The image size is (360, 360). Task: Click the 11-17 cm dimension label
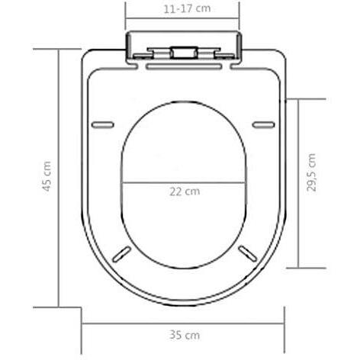click(187, 9)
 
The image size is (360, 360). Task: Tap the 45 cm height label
click(47, 176)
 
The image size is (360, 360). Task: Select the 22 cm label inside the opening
click(185, 191)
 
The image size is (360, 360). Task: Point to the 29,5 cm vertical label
click(311, 172)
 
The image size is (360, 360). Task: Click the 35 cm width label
click(185, 335)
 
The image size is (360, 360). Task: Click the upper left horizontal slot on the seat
click(103, 124)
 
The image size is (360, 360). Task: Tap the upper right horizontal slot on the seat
click(263, 124)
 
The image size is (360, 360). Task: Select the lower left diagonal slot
click(122, 254)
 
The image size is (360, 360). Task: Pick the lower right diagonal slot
click(248, 253)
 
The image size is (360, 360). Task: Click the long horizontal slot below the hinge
click(185, 67)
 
